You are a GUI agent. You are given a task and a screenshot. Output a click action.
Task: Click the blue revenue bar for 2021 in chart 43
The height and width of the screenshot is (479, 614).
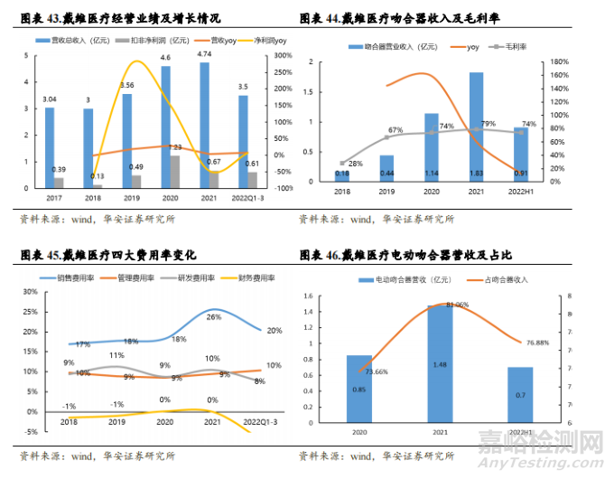pyautogui.click(x=204, y=126)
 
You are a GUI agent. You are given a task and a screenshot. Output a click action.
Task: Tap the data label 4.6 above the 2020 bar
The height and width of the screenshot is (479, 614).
pyautogui.click(x=165, y=58)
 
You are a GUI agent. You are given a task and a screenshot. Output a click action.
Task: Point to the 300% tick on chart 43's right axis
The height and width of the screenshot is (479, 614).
pyautogui.click(x=282, y=55)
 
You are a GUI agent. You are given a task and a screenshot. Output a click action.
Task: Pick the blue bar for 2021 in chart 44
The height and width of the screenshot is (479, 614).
pyautogui.click(x=475, y=127)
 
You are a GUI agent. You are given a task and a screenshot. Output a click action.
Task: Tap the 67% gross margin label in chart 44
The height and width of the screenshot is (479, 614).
pyautogui.click(x=395, y=131)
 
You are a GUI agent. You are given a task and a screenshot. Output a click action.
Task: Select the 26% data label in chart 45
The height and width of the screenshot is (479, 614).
pyautogui.click(x=213, y=317)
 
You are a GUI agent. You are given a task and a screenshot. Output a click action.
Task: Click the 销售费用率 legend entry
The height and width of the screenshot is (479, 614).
pyautogui.click(x=74, y=277)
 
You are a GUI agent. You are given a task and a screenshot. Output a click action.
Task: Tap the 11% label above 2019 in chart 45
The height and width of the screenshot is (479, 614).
pyautogui.click(x=116, y=356)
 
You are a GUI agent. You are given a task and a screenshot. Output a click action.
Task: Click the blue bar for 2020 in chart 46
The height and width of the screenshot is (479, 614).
pyautogui.click(x=359, y=389)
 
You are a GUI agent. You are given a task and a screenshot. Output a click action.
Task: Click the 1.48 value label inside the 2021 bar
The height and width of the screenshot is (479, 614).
pyautogui.click(x=440, y=365)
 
